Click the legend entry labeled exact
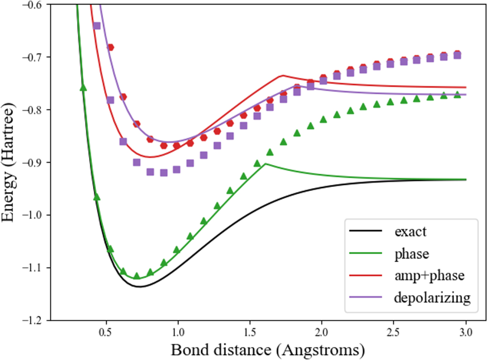(410, 233)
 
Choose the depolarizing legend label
(433, 298)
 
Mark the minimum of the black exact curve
(139, 286)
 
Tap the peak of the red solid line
(282, 75)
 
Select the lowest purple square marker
(164, 173)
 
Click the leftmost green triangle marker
(83, 87)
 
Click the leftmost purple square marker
(97, 25)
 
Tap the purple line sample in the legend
(366, 298)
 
